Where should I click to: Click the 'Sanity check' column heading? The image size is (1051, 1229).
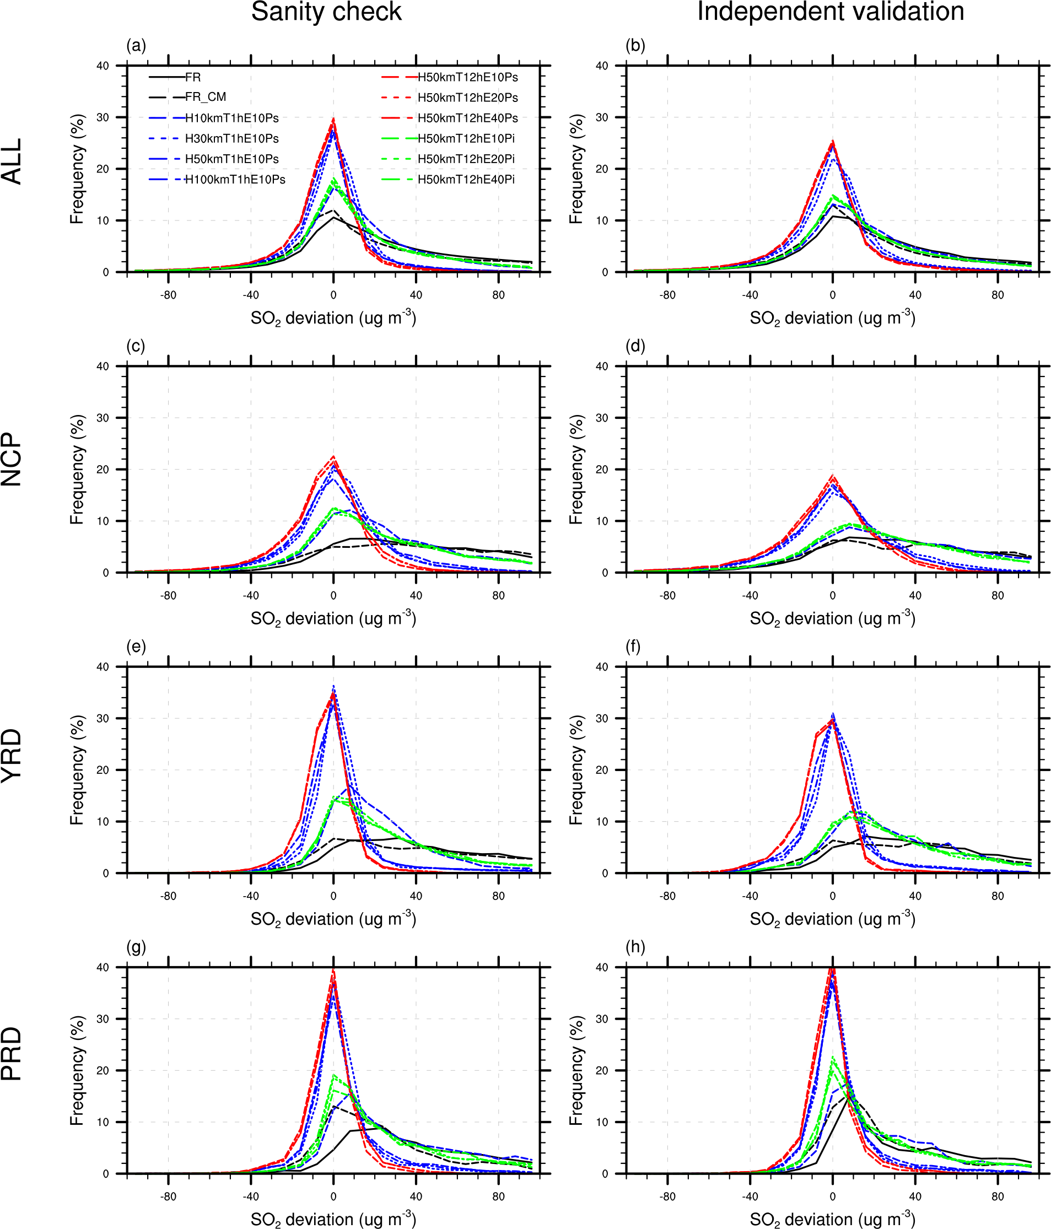pos(326,12)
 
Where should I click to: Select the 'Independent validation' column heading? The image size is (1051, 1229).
pos(831,12)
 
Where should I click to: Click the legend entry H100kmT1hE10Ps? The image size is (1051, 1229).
pos(235,179)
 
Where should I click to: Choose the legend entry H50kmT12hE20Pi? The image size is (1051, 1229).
pos(466,159)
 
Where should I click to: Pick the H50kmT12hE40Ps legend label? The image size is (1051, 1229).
pos(467,118)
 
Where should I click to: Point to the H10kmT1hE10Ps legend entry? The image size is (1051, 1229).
pos(231,118)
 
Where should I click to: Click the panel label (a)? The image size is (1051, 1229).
pos(136,46)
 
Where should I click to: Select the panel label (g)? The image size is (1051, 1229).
pos(136,947)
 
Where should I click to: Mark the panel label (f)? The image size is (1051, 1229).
pos(634,646)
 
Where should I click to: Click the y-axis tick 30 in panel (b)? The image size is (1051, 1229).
pos(602,117)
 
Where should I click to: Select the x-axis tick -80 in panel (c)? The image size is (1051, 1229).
pos(168,596)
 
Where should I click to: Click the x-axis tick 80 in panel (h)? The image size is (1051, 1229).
pos(998,1196)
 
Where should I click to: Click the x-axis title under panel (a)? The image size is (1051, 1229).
pos(333,318)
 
